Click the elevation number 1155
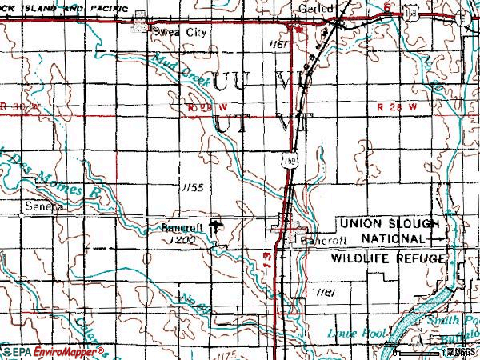coord(193,187)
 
